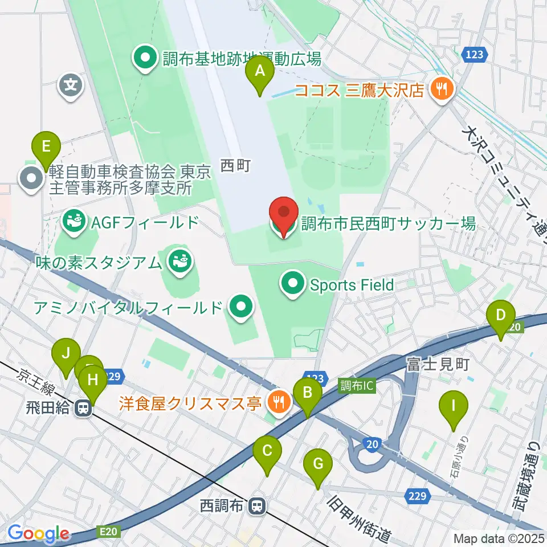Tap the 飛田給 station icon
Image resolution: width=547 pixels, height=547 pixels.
click(84, 408)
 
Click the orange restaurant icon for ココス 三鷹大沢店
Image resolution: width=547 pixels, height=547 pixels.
click(441, 88)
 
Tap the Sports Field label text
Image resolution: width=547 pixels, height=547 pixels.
click(352, 284)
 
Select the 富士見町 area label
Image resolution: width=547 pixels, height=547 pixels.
click(437, 364)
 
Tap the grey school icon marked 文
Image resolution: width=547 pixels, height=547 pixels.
click(71, 87)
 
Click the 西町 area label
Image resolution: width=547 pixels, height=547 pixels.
click(235, 166)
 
